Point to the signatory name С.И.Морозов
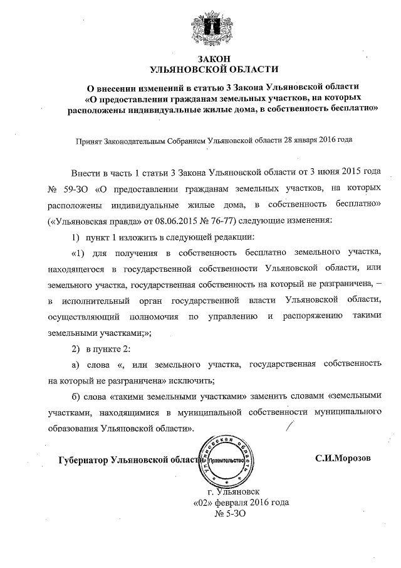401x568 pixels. [x=343, y=458]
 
